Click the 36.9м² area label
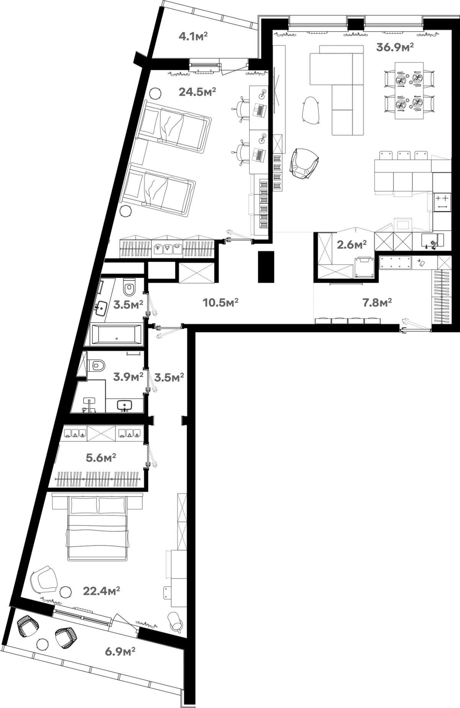click(395, 47)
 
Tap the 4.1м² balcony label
click(193, 36)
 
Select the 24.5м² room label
click(197, 92)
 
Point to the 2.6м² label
click(352, 244)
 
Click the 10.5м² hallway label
click(220, 303)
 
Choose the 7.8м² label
click(377, 303)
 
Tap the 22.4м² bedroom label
click(102, 591)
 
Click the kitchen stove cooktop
click(442, 202)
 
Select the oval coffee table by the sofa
click(311, 110)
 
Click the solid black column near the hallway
click(266, 267)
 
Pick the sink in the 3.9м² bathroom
click(125, 405)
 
